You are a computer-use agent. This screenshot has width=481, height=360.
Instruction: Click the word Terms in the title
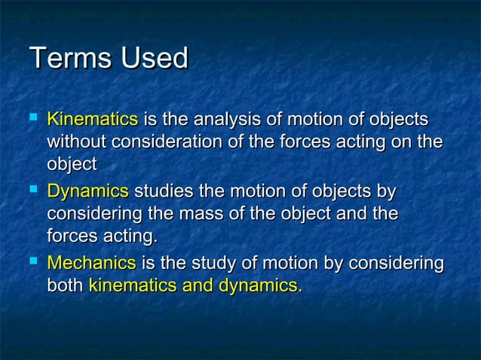63,59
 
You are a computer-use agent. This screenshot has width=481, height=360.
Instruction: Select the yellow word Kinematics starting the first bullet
92,120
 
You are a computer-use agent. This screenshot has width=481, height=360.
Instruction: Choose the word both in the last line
66,285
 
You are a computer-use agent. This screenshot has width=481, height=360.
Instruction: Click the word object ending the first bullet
72,164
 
